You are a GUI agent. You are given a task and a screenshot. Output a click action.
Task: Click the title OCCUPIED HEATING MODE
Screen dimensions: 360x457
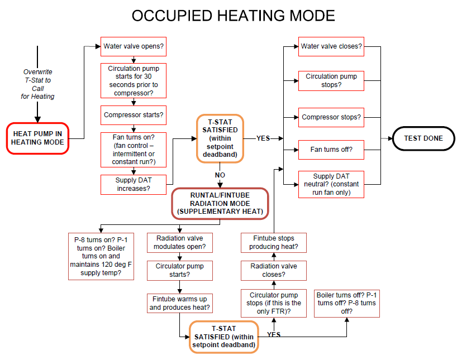tap(233, 16)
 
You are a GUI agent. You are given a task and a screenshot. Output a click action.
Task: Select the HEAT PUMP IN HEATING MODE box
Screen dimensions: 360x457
tap(37, 137)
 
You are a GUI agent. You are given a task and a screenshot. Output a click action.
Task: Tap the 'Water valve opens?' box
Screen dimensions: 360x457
tap(134, 46)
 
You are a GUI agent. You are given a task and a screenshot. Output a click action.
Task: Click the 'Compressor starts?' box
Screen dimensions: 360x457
tap(134, 115)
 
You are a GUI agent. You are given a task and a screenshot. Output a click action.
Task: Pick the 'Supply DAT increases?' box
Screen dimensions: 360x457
tap(134, 184)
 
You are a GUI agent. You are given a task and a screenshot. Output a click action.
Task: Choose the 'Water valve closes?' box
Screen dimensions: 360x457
tap(331, 46)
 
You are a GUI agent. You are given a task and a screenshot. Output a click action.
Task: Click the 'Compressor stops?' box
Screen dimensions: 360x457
tap(331, 117)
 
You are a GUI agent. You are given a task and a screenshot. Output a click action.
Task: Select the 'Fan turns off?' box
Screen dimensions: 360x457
tap(331, 149)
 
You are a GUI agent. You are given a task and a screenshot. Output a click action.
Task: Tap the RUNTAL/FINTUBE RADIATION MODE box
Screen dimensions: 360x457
tap(220, 203)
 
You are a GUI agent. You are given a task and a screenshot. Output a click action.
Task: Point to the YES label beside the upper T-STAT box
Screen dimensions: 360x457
tap(263, 138)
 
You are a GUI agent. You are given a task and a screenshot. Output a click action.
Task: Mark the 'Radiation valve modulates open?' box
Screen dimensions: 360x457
tap(180, 242)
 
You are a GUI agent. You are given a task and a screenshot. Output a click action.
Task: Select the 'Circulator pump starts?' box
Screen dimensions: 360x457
tap(180, 270)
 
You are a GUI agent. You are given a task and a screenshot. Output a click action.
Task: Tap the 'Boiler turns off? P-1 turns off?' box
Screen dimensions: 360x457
tap(346, 303)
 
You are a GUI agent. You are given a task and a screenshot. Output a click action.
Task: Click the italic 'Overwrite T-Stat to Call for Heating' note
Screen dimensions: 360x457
tap(39, 84)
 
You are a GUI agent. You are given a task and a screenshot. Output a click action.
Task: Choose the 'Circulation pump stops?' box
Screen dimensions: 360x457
tap(331, 80)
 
